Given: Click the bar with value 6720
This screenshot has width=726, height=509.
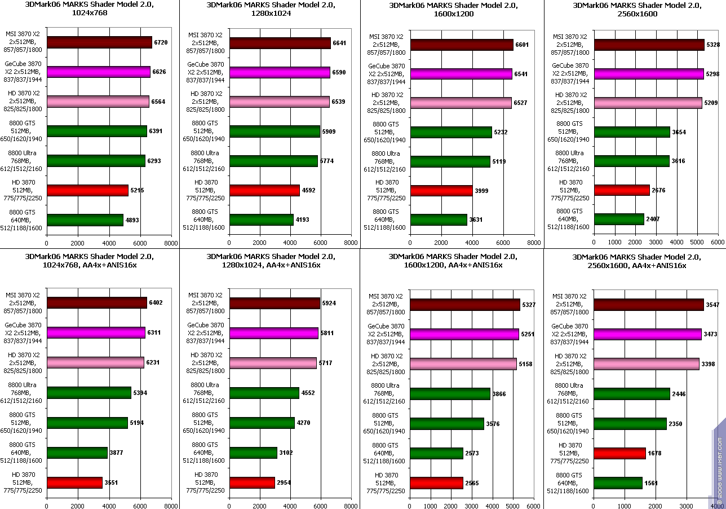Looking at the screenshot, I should tap(99, 42).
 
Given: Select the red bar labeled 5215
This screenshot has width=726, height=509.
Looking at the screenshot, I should tap(87, 190).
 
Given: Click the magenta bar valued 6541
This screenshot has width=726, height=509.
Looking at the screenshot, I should tap(461, 74).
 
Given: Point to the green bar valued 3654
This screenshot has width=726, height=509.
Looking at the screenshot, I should tap(632, 132).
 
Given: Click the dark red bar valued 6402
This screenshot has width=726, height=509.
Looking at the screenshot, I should tap(96, 302).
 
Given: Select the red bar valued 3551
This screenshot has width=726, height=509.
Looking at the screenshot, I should tap(74, 482).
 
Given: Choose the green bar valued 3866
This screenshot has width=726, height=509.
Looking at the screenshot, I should tap(450, 394).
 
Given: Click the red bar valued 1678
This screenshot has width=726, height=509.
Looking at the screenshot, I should tap(619, 453).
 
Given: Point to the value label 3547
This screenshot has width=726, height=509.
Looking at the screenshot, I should tap(713, 305).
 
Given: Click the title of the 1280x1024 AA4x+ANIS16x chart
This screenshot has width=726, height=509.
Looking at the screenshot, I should tap(269, 261).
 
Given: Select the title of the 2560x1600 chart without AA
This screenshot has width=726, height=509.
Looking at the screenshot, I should tap(636, 10).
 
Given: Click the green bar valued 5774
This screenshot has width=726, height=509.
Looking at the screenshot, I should tap(273, 161).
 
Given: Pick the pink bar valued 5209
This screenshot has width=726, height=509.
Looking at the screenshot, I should tap(648, 103).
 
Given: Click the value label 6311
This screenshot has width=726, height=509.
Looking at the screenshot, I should tap(153, 333).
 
